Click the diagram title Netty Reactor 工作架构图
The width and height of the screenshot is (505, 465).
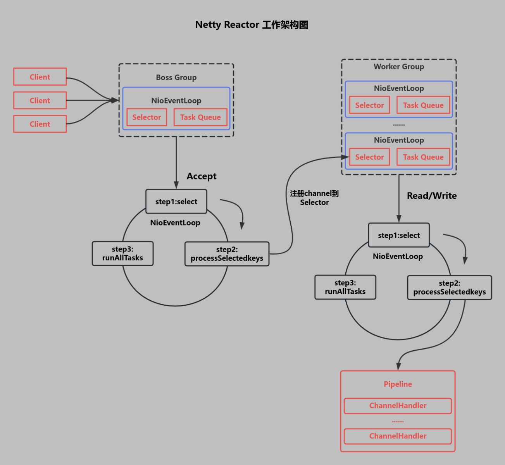pyautogui.click(x=252, y=25)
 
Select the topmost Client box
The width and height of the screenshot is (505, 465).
pyautogui.click(x=40, y=77)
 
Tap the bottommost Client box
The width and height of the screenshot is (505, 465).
pyautogui.click(x=40, y=124)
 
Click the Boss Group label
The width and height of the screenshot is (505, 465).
pyautogui.click(x=176, y=77)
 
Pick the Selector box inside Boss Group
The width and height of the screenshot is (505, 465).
pyautogui.click(x=147, y=117)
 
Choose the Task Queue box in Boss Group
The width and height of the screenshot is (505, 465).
pyautogui.click(x=200, y=117)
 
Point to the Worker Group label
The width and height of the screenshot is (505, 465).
pyautogui.click(x=399, y=67)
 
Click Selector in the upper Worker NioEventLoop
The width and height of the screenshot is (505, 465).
pyautogui.click(x=369, y=105)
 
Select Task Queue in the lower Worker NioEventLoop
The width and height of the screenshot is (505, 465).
pyautogui.click(x=423, y=157)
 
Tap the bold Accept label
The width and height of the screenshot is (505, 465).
pyautogui.click(x=202, y=176)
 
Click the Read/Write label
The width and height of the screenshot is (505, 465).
pyautogui.click(x=432, y=196)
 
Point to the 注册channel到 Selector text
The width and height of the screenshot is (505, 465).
pyautogui.click(x=314, y=198)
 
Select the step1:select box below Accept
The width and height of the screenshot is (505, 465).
pyautogui.click(x=176, y=201)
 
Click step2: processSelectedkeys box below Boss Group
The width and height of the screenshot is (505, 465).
pyautogui.click(x=227, y=254)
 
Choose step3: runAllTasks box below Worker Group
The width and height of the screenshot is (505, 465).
pyautogui.click(x=345, y=287)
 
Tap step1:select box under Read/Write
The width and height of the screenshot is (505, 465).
pyautogui.click(x=399, y=235)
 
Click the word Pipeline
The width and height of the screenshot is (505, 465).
pyautogui.click(x=398, y=384)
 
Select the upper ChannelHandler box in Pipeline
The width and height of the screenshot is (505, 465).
pyautogui.click(x=398, y=406)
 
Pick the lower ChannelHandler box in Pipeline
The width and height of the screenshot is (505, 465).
pyautogui.click(x=398, y=436)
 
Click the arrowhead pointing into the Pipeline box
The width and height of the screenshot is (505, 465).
pyautogui.click(x=398, y=366)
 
